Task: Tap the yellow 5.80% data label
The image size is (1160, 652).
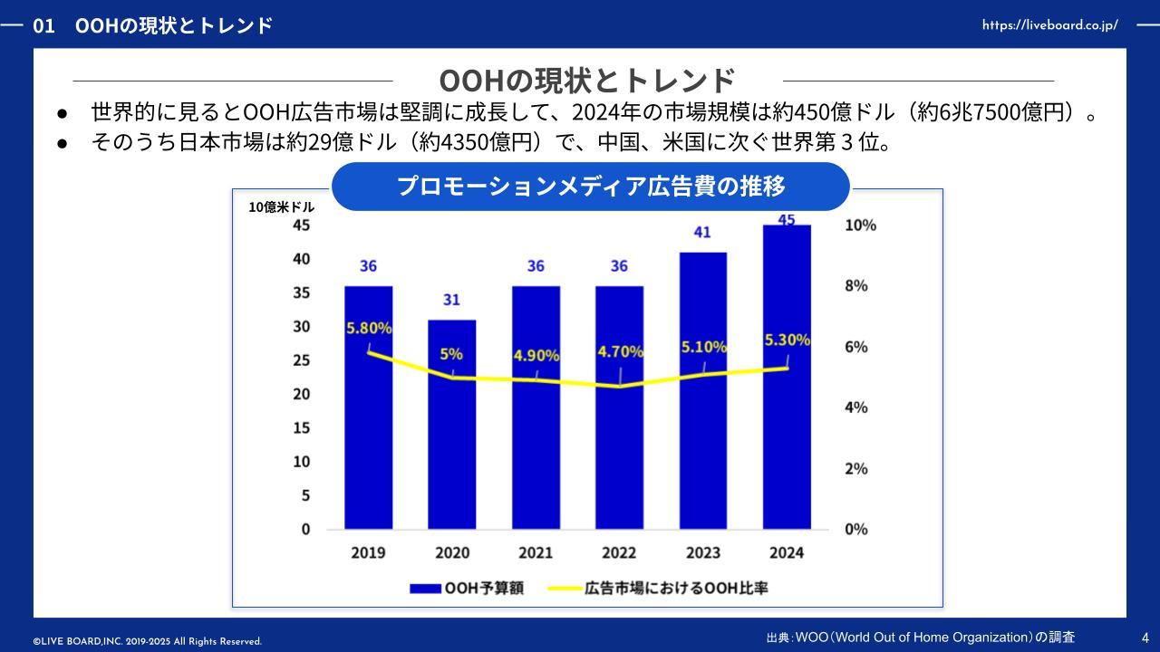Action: click(x=369, y=328)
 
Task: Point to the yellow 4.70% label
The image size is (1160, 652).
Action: click(x=620, y=351)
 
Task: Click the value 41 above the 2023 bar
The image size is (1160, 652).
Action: click(x=702, y=233)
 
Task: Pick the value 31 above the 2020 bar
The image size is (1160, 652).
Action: click(x=451, y=300)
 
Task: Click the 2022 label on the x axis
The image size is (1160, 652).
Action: click(x=619, y=552)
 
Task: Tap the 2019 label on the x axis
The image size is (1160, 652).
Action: click(x=368, y=552)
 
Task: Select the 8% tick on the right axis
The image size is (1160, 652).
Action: click(x=855, y=286)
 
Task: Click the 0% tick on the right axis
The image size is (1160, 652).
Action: click(x=855, y=529)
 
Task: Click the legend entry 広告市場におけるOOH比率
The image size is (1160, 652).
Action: click(x=659, y=588)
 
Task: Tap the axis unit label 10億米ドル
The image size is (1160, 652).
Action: click(x=282, y=207)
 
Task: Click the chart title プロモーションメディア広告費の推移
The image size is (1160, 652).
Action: click(x=591, y=187)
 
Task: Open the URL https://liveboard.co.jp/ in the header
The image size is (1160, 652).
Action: click(x=1049, y=25)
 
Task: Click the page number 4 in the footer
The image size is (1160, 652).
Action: click(x=1145, y=638)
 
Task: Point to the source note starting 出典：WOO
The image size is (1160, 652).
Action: click(x=920, y=638)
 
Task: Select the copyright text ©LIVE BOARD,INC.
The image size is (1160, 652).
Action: click(x=148, y=641)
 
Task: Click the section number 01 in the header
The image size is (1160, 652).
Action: click(x=43, y=25)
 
